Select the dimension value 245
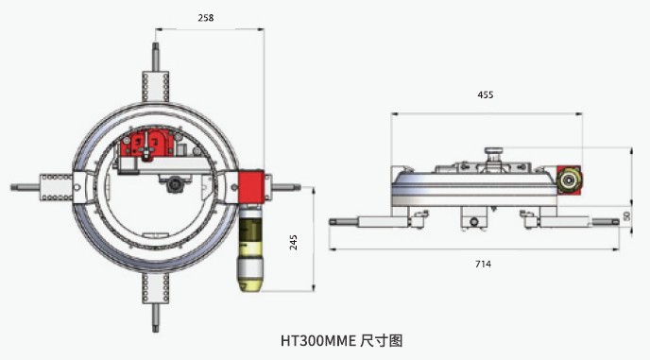[293, 241]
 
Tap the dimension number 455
[485, 94]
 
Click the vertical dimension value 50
[626, 216]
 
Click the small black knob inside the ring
[176, 188]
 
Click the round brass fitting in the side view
[569, 179]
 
